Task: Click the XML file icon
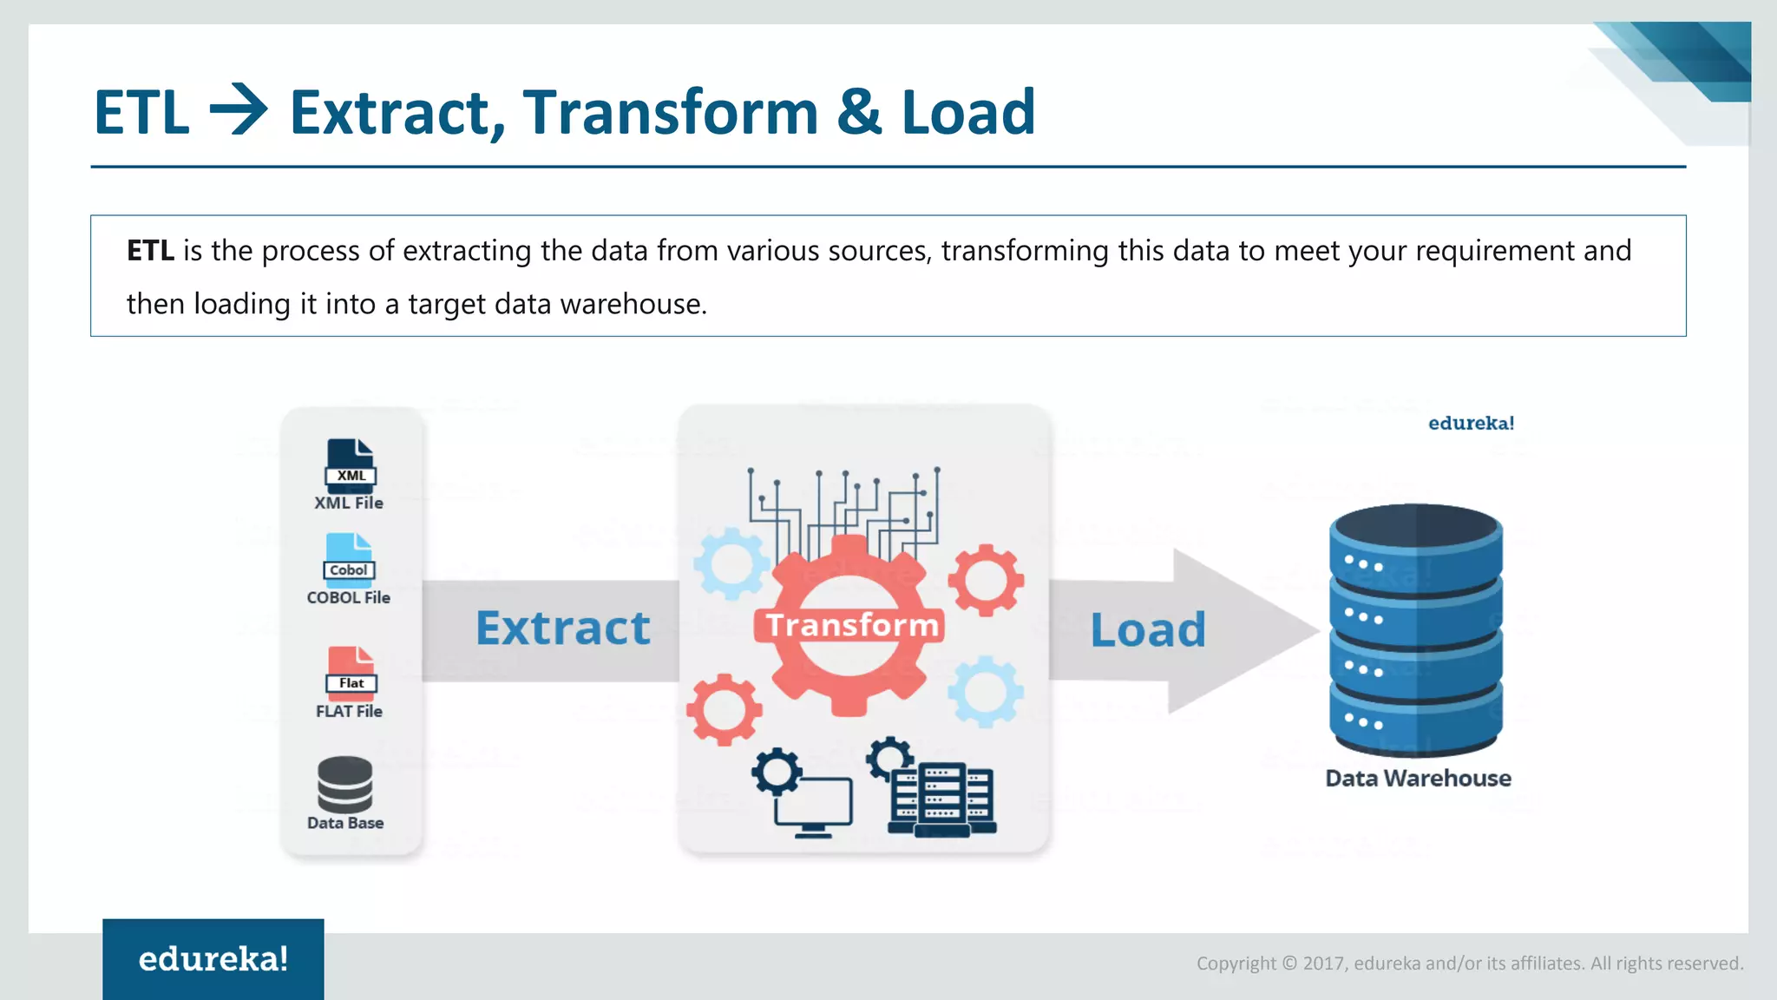pyautogui.click(x=351, y=465)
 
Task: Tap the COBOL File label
pyautogui.click(x=348, y=597)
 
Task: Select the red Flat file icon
pyautogui.click(x=351, y=673)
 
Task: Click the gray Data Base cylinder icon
pyautogui.click(x=344, y=783)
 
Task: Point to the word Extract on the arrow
pyautogui.click(x=562, y=628)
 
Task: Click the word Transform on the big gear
pyautogui.click(x=850, y=625)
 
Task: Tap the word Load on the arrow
pyautogui.click(x=1147, y=630)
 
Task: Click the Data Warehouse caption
pyautogui.click(x=1418, y=778)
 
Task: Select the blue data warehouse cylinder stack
pyautogui.click(x=1415, y=628)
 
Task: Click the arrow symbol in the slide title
pyautogui.click(x=239, y=111)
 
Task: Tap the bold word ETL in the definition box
pyautogui.click(x=150, y=251)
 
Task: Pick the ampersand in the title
pyautogui.click(x=859, y=111)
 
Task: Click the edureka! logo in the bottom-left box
pyautogui.click(x=213, y=959)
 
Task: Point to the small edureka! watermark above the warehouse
pyautogui.click(x=1471, y=424)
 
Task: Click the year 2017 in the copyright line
pyautogui.click(x=1322, y=964)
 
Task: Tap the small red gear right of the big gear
pyautogui.click(x=985, y=580)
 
